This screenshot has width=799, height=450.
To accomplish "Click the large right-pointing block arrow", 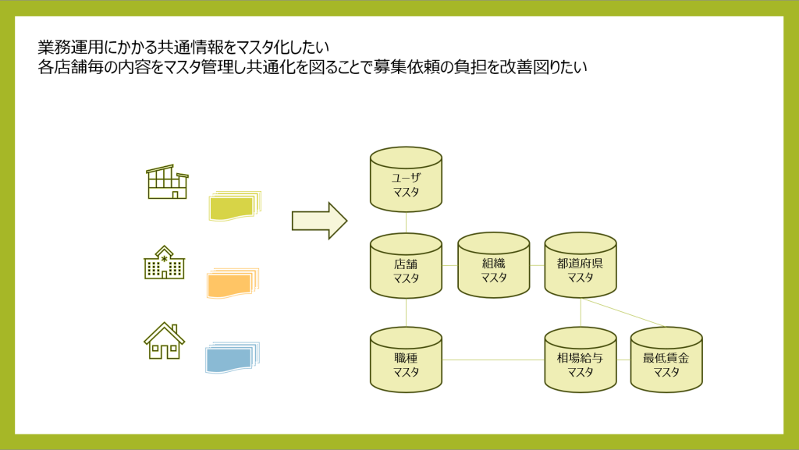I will pyautogui.click(x=318, y=221).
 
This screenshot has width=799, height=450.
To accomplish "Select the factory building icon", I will pyautogui.click(x=168, y=182).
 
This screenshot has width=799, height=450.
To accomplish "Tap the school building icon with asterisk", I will pyautogui.click(x=164, y=263).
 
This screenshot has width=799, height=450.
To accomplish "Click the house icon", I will pyautogui.click(x=164, y=341).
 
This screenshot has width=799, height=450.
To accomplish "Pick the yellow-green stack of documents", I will pyautogui.click(x=233, y=207).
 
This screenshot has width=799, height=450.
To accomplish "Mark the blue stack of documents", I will pyautogui.click(x=230, y=358).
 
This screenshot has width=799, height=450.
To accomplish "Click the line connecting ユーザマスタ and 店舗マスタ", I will pyautogui.click(x=406, y=223).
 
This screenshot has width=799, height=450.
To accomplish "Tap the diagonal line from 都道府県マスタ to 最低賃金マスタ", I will pyautogui.click(x=624, y=312).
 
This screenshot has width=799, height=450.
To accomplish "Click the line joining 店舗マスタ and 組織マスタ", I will pyautogui.click(x=449, y=266).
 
